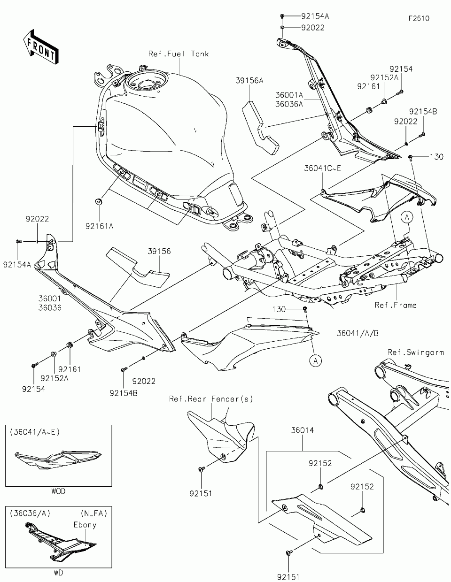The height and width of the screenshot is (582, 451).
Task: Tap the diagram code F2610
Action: pos(419,18)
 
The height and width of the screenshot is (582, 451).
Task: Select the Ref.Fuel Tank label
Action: pos(179,54)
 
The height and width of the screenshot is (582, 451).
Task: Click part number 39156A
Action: pos(249,80)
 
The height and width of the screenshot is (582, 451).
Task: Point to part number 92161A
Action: pos(100,226)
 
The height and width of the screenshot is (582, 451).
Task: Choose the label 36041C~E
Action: pos(322,168)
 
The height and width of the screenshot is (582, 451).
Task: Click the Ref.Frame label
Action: pos(396,305)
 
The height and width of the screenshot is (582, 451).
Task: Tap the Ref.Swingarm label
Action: pos(416,352)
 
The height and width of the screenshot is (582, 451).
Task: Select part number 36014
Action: pos(302,430)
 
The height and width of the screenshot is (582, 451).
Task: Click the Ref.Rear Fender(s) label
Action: pos(211,399)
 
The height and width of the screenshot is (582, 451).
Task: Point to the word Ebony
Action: pos(85,525)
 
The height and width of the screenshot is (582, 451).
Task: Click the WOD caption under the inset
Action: pos(58,491)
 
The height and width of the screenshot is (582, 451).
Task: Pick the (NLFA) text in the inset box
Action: pos(94,513)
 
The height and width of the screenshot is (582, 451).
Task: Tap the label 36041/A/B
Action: pos(358,333)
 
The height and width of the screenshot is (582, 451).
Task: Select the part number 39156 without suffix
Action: pos(159,251)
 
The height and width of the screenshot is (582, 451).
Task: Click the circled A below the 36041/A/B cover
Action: pos(316,361)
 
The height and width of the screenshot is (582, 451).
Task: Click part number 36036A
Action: pos(289,104)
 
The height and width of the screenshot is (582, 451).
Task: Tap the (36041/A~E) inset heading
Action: pos(35,432)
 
